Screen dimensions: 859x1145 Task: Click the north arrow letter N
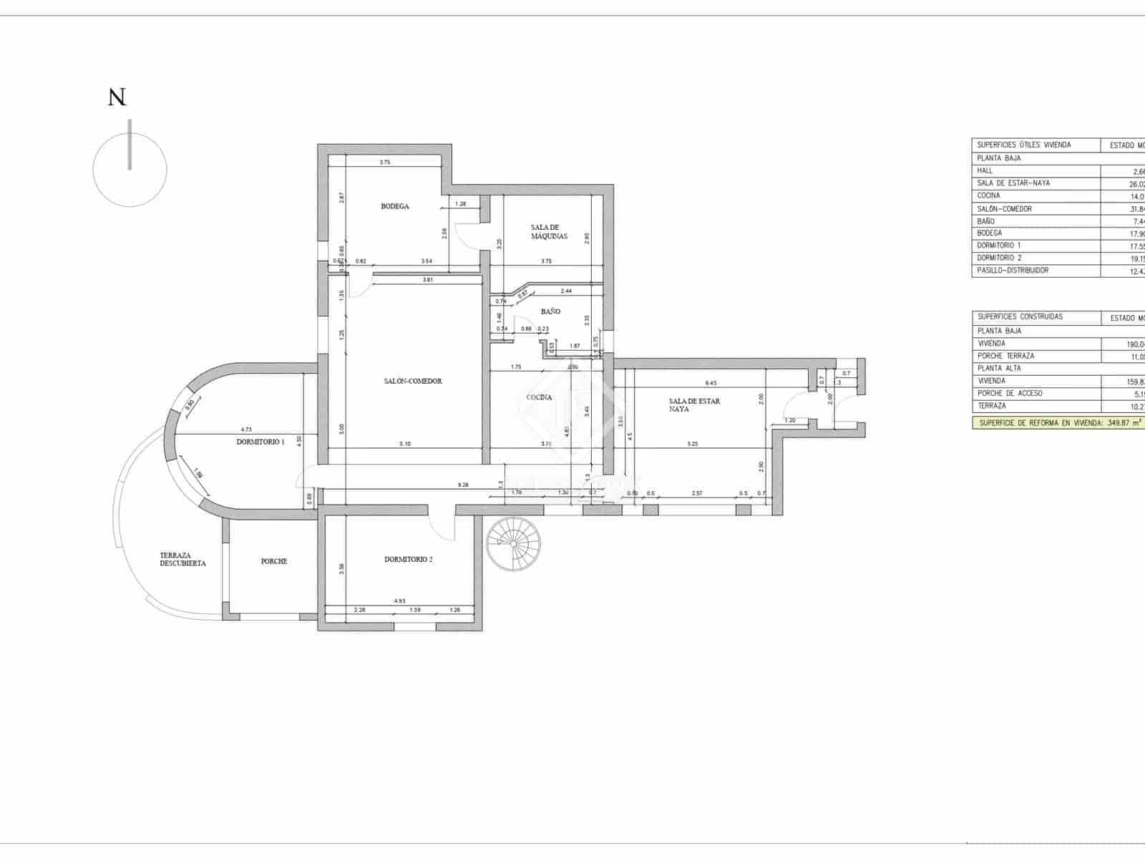click(117, 98)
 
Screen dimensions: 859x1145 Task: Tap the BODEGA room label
click(395, 207)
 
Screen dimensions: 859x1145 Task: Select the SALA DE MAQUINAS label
click(550, 232)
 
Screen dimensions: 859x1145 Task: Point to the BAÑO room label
click(550, 312)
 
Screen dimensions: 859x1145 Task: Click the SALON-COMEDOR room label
click(413, 382)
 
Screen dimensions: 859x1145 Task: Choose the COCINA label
click(539, 398)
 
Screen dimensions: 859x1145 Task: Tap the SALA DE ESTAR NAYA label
click(694, 405)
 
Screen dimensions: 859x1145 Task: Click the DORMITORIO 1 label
click(260, 442)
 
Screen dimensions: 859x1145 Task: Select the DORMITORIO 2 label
click(408, 560)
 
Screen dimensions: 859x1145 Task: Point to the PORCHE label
click(274, 562)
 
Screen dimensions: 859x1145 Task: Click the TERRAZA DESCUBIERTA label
click(182, 560)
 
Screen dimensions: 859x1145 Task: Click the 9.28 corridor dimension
click(463, 485)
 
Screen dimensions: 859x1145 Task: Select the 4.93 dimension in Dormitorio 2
click(399, 601)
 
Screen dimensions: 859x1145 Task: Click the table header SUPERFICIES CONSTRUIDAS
click(1020, 317)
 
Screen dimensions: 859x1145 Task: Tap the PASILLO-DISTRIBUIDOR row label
click(1013, 271)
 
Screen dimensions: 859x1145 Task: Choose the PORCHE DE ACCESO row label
click(1010, 394)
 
